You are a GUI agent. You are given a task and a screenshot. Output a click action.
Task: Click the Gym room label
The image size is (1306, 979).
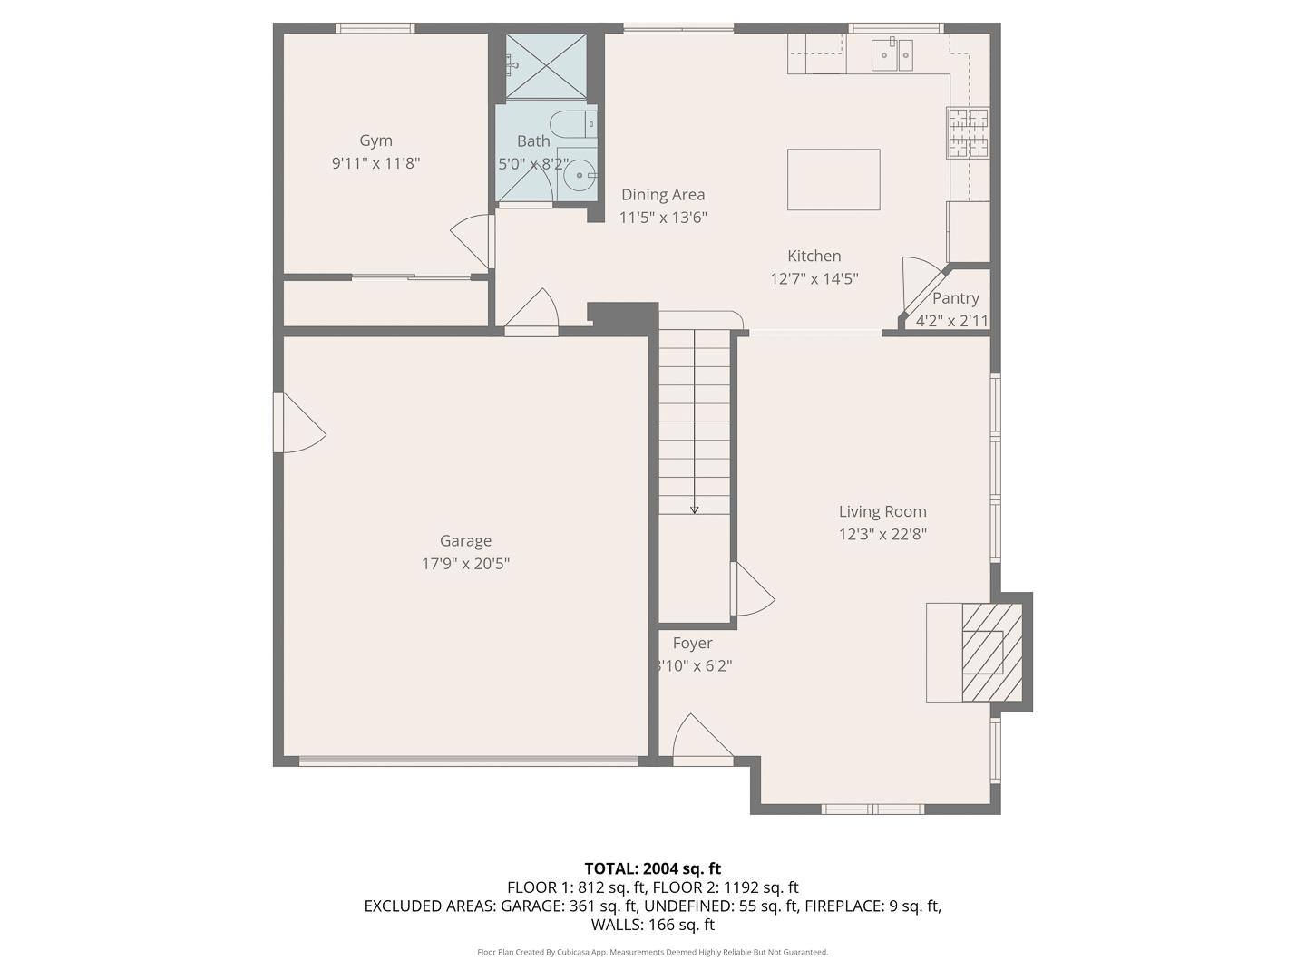(375, 141)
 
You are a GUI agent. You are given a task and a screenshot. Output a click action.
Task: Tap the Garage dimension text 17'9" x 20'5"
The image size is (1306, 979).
(465, 564)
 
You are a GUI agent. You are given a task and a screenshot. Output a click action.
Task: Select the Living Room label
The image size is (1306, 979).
(882, 511)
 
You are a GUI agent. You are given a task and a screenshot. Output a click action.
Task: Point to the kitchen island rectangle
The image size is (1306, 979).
(833, 179)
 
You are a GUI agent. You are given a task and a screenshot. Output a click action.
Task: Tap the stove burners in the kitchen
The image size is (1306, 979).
(968, 132)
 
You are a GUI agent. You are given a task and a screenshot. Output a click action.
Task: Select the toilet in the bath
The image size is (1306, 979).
(572, 122)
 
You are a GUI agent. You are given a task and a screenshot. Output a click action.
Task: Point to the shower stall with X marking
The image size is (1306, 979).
(546, 65)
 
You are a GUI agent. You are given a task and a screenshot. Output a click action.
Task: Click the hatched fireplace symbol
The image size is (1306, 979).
(991, 652)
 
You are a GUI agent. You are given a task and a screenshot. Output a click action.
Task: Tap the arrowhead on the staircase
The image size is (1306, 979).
(695, 509)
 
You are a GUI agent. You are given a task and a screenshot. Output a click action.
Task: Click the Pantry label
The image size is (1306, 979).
(955, 298)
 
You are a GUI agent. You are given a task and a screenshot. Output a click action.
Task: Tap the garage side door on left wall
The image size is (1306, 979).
(299, 422)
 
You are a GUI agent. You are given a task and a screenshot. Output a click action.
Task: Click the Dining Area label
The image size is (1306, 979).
(662, 195)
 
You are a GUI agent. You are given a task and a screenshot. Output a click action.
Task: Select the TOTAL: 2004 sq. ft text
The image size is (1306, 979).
(652, 868)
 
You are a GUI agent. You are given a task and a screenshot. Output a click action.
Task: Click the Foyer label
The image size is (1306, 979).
(692, 644)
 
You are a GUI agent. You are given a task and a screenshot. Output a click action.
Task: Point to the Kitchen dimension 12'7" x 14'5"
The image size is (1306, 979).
(814, 279)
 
